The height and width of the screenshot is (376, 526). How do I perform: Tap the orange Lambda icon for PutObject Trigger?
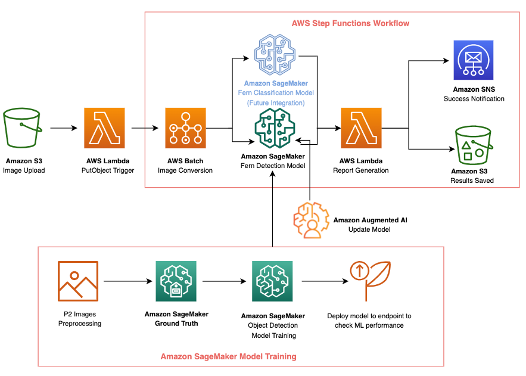pos(105,128)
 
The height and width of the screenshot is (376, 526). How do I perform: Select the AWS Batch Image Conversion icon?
pos(185,128)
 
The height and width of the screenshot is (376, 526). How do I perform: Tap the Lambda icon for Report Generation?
pos(360,128)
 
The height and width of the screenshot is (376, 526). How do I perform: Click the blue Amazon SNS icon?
pos(474,60)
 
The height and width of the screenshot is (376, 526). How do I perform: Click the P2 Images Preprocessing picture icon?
pos(78,281)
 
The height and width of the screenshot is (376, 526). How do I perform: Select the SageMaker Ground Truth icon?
pos(175,281)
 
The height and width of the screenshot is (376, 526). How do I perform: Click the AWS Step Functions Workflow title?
pos(350,23)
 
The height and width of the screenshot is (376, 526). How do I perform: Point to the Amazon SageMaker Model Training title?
pos(228,356)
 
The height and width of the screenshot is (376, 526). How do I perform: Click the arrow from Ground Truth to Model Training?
pos(222,281)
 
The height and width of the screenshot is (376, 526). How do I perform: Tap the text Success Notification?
pos(474,98)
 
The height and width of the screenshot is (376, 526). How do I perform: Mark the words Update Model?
pos(370,229)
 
